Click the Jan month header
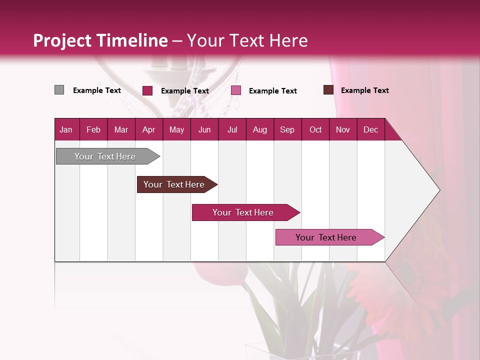pyautogui.click(x=66, y=129)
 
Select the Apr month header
pyautogui.click(x=148, y=129)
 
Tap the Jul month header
pyautogui.click(x=232, y=129)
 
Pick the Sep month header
pyautogui.click(x=287, y=129)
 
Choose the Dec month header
pyautogui.click(x=370, y=129)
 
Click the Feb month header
pyautogui.click(x=93, y=129)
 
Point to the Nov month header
pyautogui.click(x=342, y=129)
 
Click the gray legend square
pyautogui.click(x=59, y=90)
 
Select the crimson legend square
pyautogui.click(x=147, y=90)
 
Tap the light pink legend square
pyautogui.click(x=236, y=90)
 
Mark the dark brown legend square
pyautogui.click(x=328, y=90)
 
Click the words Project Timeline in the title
pyautogui.click(x=100, y=40)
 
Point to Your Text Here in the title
pyautogui.click(x=247, y=40)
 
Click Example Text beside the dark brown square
pyautogui.click(x=364, y=90)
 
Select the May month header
pyautogui.click(x=176, y=129)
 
